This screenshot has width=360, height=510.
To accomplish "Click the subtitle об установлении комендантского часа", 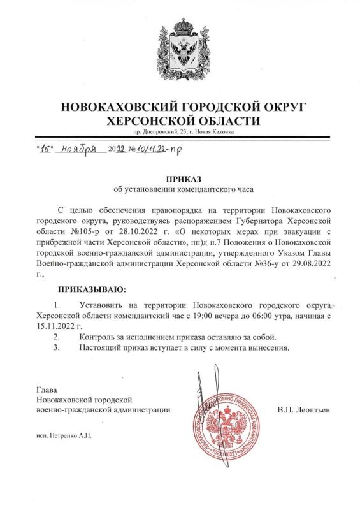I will [184, 191].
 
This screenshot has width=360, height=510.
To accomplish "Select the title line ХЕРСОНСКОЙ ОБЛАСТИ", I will [184, 120].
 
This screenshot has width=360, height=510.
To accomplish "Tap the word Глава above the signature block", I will [47, 390].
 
